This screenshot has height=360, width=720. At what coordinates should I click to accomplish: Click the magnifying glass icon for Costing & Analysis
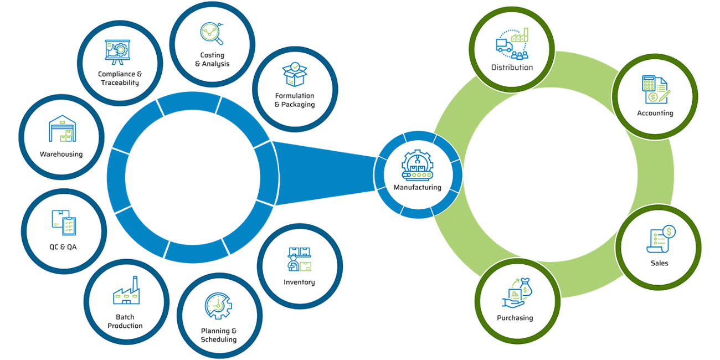point(212,33)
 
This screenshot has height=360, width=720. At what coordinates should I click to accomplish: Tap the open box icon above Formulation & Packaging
point(294,75)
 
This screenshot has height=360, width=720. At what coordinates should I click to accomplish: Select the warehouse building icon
point(61,129)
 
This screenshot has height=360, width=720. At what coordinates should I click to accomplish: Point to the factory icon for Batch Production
point(126,291)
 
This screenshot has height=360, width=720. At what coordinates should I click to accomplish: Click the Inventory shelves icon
point(299,259)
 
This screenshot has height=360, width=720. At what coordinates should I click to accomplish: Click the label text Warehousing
point(61,155)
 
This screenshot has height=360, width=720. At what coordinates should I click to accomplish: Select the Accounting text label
point(655,114)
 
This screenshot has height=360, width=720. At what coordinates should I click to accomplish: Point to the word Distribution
point(512,68)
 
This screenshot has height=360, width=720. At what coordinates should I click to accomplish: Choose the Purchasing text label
point(515,318)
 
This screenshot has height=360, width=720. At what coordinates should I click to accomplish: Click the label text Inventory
point(299,282)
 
